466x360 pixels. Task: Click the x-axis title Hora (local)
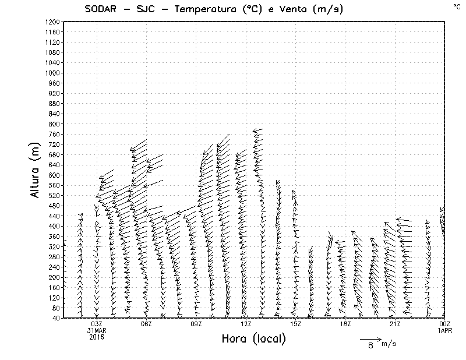253,339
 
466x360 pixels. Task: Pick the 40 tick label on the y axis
55,318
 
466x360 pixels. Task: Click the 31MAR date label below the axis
97,330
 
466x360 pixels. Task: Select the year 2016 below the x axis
97,337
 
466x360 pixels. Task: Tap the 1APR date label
445,330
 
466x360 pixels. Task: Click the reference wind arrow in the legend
370,338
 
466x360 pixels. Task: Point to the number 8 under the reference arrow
370,345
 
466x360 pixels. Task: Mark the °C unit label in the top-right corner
456,6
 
